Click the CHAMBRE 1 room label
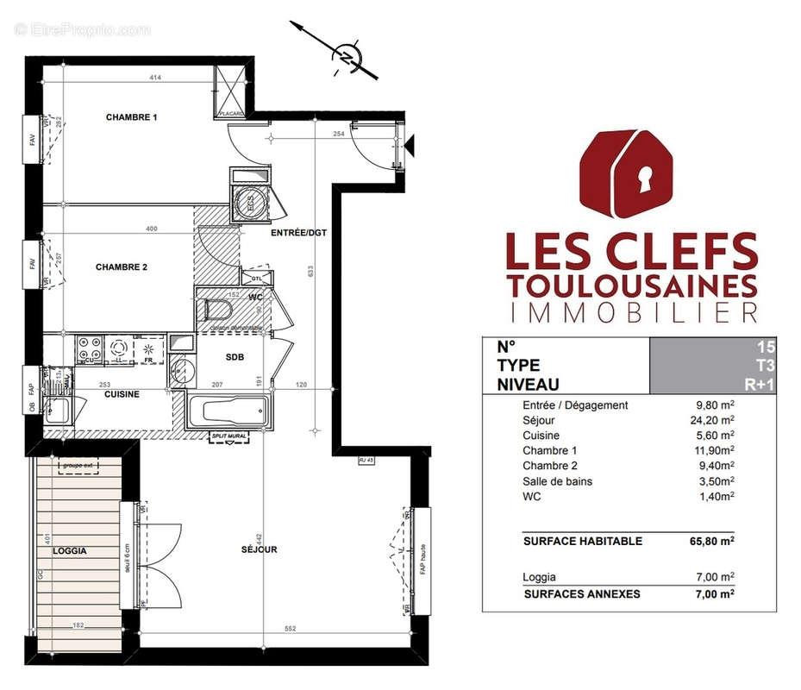point(132,117)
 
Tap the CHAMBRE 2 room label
point(122,267)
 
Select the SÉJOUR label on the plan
point(259,549)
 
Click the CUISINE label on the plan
point(122,394)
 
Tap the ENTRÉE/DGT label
point(299,233)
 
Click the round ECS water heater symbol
point(251,204)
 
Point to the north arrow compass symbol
point(347,58)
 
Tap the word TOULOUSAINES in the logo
point(632,284)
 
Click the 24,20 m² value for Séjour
point(715,420)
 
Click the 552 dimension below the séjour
point(290,629)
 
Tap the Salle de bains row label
point(557,481)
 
